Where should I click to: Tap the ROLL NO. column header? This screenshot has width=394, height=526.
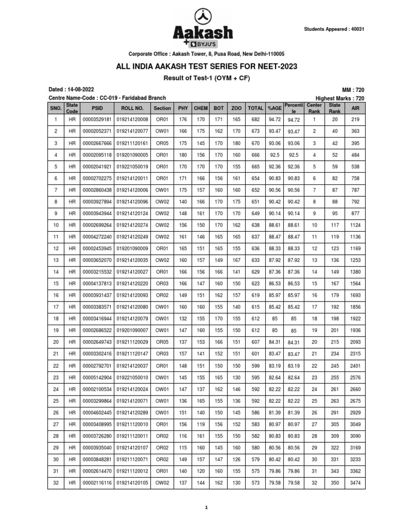(x=132, y=108)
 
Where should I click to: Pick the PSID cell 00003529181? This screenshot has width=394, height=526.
(x=97, y=120)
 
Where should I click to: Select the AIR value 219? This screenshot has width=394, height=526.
(x=355, y=120)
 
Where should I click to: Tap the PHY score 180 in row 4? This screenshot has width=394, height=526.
(x=183, y=155)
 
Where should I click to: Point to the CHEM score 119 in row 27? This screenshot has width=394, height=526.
(x=201, y=424)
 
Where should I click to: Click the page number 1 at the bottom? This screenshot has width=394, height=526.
(x=206, y=508)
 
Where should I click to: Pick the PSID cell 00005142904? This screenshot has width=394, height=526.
(x=97, y=377)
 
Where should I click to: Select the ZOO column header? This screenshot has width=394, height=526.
(x=236, y=108)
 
